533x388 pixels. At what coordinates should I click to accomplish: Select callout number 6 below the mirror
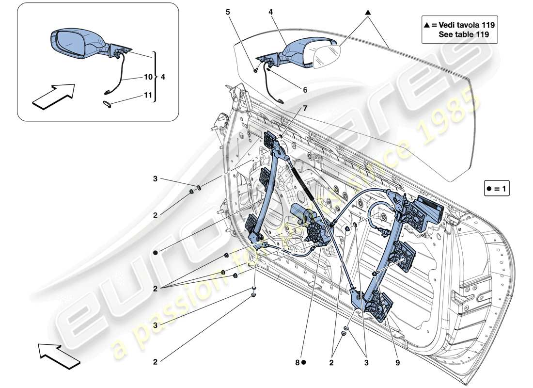(x=292, y=90)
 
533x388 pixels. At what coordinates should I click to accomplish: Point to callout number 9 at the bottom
(x=397, y=362)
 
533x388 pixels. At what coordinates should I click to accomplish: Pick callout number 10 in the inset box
(x=148, y=77)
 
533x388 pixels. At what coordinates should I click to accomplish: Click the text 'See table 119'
(x=463, y=34)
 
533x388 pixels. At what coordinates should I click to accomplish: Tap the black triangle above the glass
(x=368, y=12)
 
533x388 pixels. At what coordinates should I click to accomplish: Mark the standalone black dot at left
(x=156, y=253)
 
